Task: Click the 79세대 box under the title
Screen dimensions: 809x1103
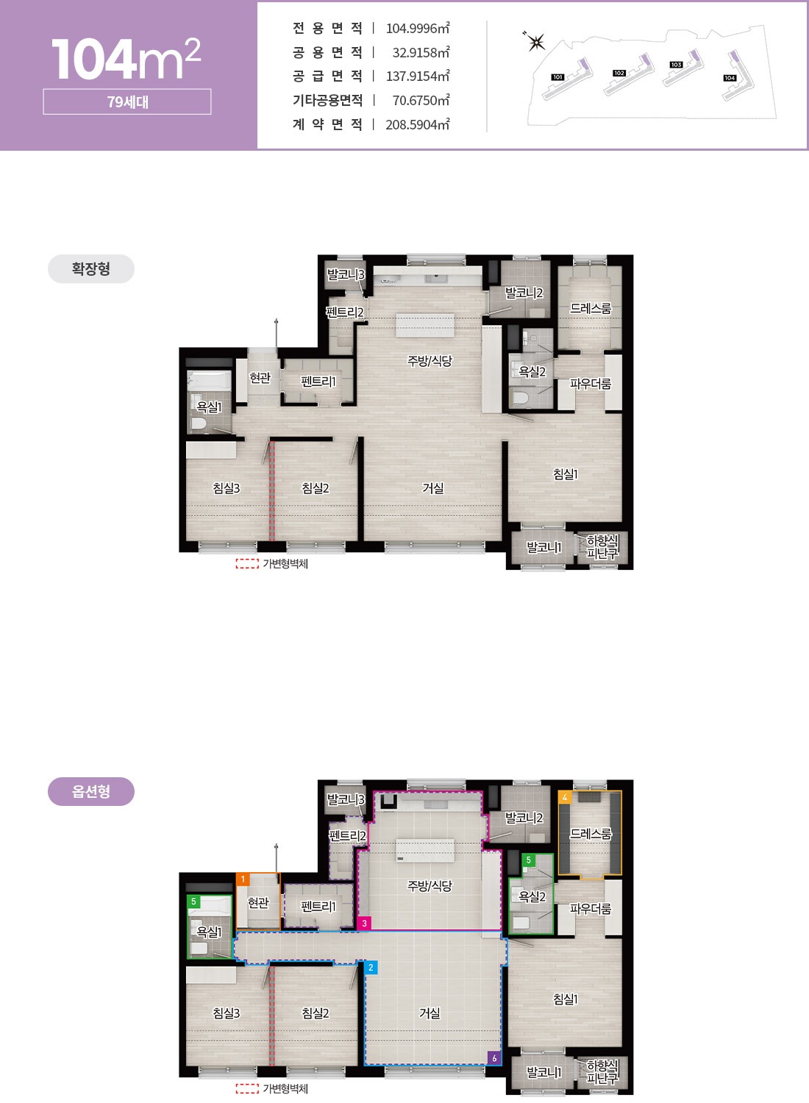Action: point(127,101)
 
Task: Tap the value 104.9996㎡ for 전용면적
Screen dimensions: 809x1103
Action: point(418,28)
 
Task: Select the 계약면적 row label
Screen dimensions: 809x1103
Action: point(327,124)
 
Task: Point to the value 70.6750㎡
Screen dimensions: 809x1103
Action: point(421,101)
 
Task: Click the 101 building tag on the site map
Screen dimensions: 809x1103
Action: point(557,77)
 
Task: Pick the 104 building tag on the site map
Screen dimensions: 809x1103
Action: point(730,78)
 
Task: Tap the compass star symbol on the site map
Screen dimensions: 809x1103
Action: point(535,42)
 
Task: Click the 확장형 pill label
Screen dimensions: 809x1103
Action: point(91,269)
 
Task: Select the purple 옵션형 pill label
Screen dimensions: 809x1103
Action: point(91,791)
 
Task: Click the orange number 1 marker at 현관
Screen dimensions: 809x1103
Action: point(242,879)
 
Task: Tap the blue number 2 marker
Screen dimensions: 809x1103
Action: point(371,967)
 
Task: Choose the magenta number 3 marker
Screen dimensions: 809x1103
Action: point(364,924)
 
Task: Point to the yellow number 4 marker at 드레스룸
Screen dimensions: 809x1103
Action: point(565,797)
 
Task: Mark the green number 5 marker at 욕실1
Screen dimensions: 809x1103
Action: point(193,901)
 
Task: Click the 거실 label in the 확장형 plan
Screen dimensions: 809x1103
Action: point(432,488)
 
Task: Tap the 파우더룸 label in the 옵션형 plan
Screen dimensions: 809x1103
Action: point(591,908)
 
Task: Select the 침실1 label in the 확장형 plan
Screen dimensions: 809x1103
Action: point(566,474)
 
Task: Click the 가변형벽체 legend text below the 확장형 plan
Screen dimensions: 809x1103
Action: point(285,564)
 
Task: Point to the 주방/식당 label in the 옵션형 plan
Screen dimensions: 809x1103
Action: point(430,886)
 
